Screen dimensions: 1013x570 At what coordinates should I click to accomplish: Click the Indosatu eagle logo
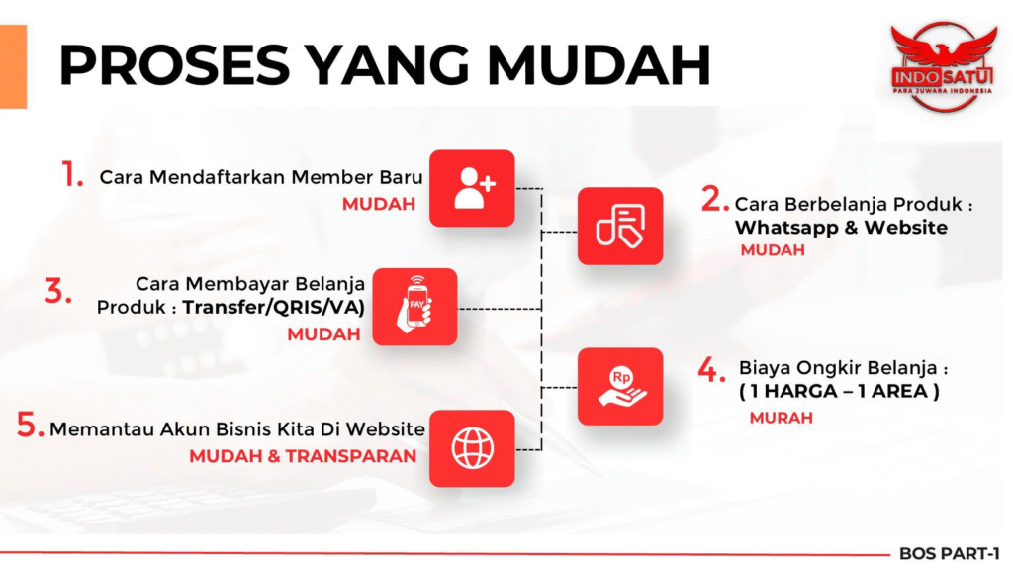[x=943, y=66]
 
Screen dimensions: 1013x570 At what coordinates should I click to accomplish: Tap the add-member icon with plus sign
[x=472, y=188]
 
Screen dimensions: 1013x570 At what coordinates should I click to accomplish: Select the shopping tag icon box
[x=620, y=227]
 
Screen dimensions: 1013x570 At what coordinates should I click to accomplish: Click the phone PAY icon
[x=414, y=307]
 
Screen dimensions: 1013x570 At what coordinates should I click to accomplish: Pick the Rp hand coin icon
[x=620, y=387]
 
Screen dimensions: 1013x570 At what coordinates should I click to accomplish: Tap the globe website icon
[x=472, y=448]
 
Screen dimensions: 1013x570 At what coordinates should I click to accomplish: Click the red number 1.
[x=72, y=174]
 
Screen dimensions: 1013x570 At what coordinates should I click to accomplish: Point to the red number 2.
[x=714, y=199]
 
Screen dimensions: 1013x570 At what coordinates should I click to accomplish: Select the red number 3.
[x=57, y=291]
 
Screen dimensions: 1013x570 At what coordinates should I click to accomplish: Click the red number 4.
[x=711, y=370]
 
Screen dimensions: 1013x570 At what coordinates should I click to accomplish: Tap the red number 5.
[x=30, y=426]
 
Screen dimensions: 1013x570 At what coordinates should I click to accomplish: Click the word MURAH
[x=782, y=419]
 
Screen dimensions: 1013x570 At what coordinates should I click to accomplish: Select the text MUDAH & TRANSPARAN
[x=303, y=456]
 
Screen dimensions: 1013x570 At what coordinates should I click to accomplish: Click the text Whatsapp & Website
[x=841, y=228]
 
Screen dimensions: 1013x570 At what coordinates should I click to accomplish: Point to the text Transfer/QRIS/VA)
[x=274, y=307]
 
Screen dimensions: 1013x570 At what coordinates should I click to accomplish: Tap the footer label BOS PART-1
[x=949, y=554]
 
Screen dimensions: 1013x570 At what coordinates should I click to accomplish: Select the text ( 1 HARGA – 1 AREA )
[x=839, y=391]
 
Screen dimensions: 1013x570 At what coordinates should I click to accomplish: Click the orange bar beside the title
[x=13, y=66]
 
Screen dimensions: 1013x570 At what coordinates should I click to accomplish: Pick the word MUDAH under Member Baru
[x=379, y=204]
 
